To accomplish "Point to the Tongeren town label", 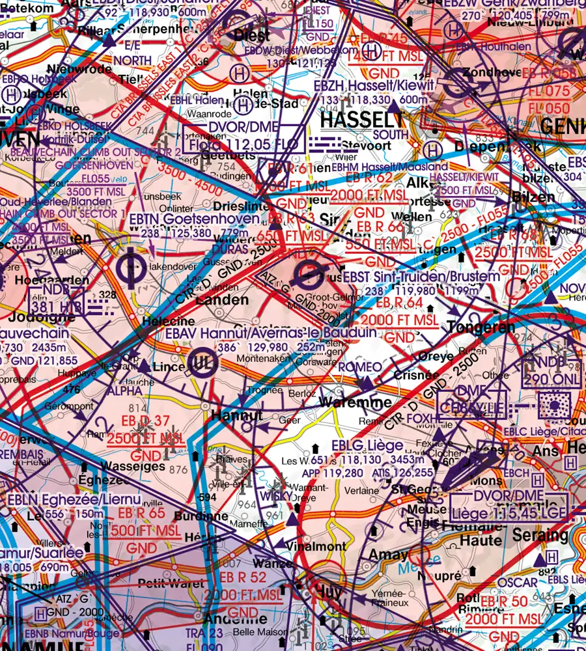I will pyautogui.click(x=481, y=326).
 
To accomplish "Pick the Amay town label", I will pyautogui.click(x=389, y=555).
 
